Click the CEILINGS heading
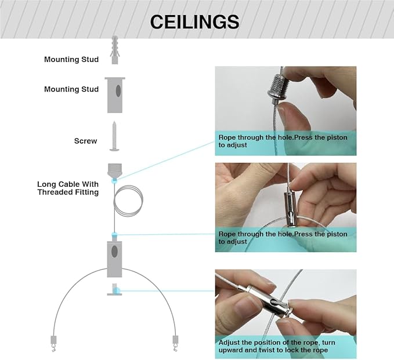(194, 22)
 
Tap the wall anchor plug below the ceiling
(114, 50)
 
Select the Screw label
(85, 141)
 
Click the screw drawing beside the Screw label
(114, 136)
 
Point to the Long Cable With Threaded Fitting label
(68, 188)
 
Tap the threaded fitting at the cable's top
(114, 170)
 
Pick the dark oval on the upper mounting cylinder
(118, 90)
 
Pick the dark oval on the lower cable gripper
(114, 251)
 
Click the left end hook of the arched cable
(54, 343)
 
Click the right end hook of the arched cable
(175, 343)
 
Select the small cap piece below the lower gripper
(114, 289)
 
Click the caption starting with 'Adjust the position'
(277, 346)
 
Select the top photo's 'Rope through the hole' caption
(283, 141)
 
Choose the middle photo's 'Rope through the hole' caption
(283, 238)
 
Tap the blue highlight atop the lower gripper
(114, 235)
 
